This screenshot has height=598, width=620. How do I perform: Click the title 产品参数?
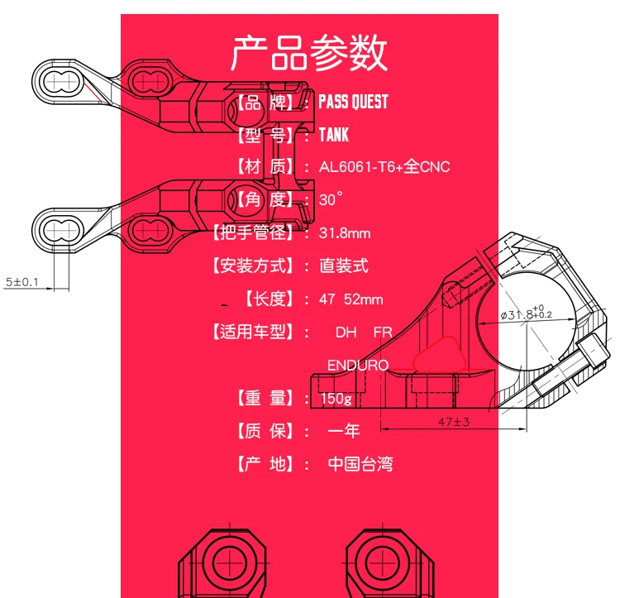point(309,53)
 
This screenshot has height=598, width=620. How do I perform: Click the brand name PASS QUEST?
point(353,102)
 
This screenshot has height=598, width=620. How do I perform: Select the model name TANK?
point(334,135)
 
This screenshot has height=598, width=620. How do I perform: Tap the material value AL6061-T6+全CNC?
point(384,166)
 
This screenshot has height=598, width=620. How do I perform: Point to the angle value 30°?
point(331,199)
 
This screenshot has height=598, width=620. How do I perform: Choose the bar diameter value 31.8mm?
point(345,233)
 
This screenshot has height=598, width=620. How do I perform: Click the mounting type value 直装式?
point(344,266)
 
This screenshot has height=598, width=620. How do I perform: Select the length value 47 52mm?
point(351,299)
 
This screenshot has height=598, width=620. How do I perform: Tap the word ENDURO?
point(358,365)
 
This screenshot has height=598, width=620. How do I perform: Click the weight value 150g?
point(336,399)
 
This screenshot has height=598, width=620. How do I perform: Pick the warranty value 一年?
point(344,431)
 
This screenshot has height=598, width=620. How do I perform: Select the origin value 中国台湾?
point(360,463)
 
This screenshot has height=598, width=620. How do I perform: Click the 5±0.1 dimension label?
point(21,282)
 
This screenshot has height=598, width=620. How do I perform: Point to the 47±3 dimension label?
point(454,422)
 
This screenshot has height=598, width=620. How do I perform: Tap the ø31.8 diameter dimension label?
point(526,313)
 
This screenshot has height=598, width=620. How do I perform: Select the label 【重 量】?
point(265,398)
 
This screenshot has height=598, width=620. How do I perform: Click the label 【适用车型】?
point(252,332)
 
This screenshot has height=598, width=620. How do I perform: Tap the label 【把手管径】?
point(252,232)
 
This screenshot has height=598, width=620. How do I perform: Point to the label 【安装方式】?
point(252,266)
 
